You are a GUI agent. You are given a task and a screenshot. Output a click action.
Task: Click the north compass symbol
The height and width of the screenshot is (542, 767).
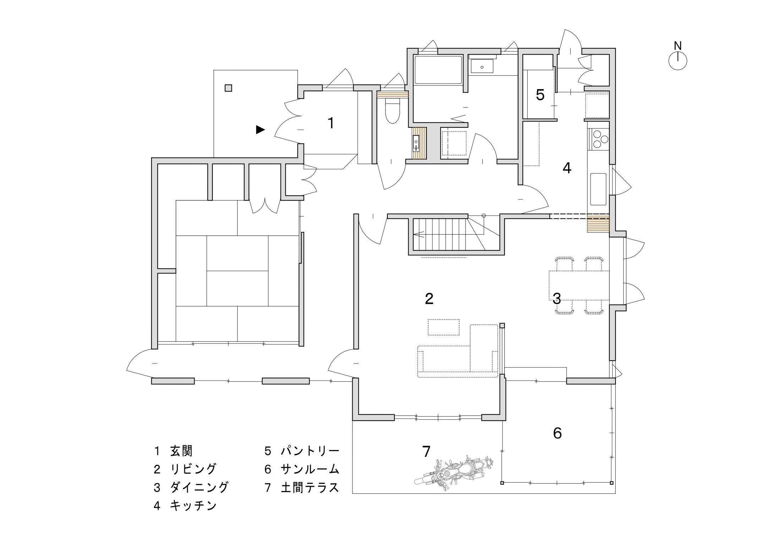coord(678,61)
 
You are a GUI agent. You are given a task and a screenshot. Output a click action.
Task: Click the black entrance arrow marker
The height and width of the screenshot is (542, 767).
coord(260,130)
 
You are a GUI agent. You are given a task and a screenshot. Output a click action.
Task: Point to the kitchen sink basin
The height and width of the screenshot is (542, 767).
coord(598,189)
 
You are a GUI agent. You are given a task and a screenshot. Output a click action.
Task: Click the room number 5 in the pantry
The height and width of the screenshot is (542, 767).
coord(540,95)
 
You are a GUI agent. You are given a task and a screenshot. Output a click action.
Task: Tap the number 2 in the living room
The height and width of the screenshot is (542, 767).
coord(429,299)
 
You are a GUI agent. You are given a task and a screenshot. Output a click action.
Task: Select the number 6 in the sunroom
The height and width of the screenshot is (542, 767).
coord(557,433)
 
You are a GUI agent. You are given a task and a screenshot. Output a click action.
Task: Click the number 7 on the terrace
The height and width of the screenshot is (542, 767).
coord(426,451)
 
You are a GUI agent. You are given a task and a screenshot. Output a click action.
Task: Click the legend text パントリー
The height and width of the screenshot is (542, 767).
coord(310,451)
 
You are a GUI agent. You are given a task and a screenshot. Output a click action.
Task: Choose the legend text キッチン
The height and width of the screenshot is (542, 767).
coord(193,505)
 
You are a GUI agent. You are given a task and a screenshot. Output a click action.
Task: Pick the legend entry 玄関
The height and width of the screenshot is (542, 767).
coord(181,451)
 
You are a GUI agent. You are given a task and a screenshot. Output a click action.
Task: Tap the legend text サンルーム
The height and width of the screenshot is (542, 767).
coord(310,469)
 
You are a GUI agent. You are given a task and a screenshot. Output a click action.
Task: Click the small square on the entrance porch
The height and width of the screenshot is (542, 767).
coord(229,88)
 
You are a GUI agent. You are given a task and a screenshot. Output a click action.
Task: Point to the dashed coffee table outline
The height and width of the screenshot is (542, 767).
coord(444,327)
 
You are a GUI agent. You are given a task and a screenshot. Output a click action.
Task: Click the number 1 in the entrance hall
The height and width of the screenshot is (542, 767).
coord(331,123)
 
